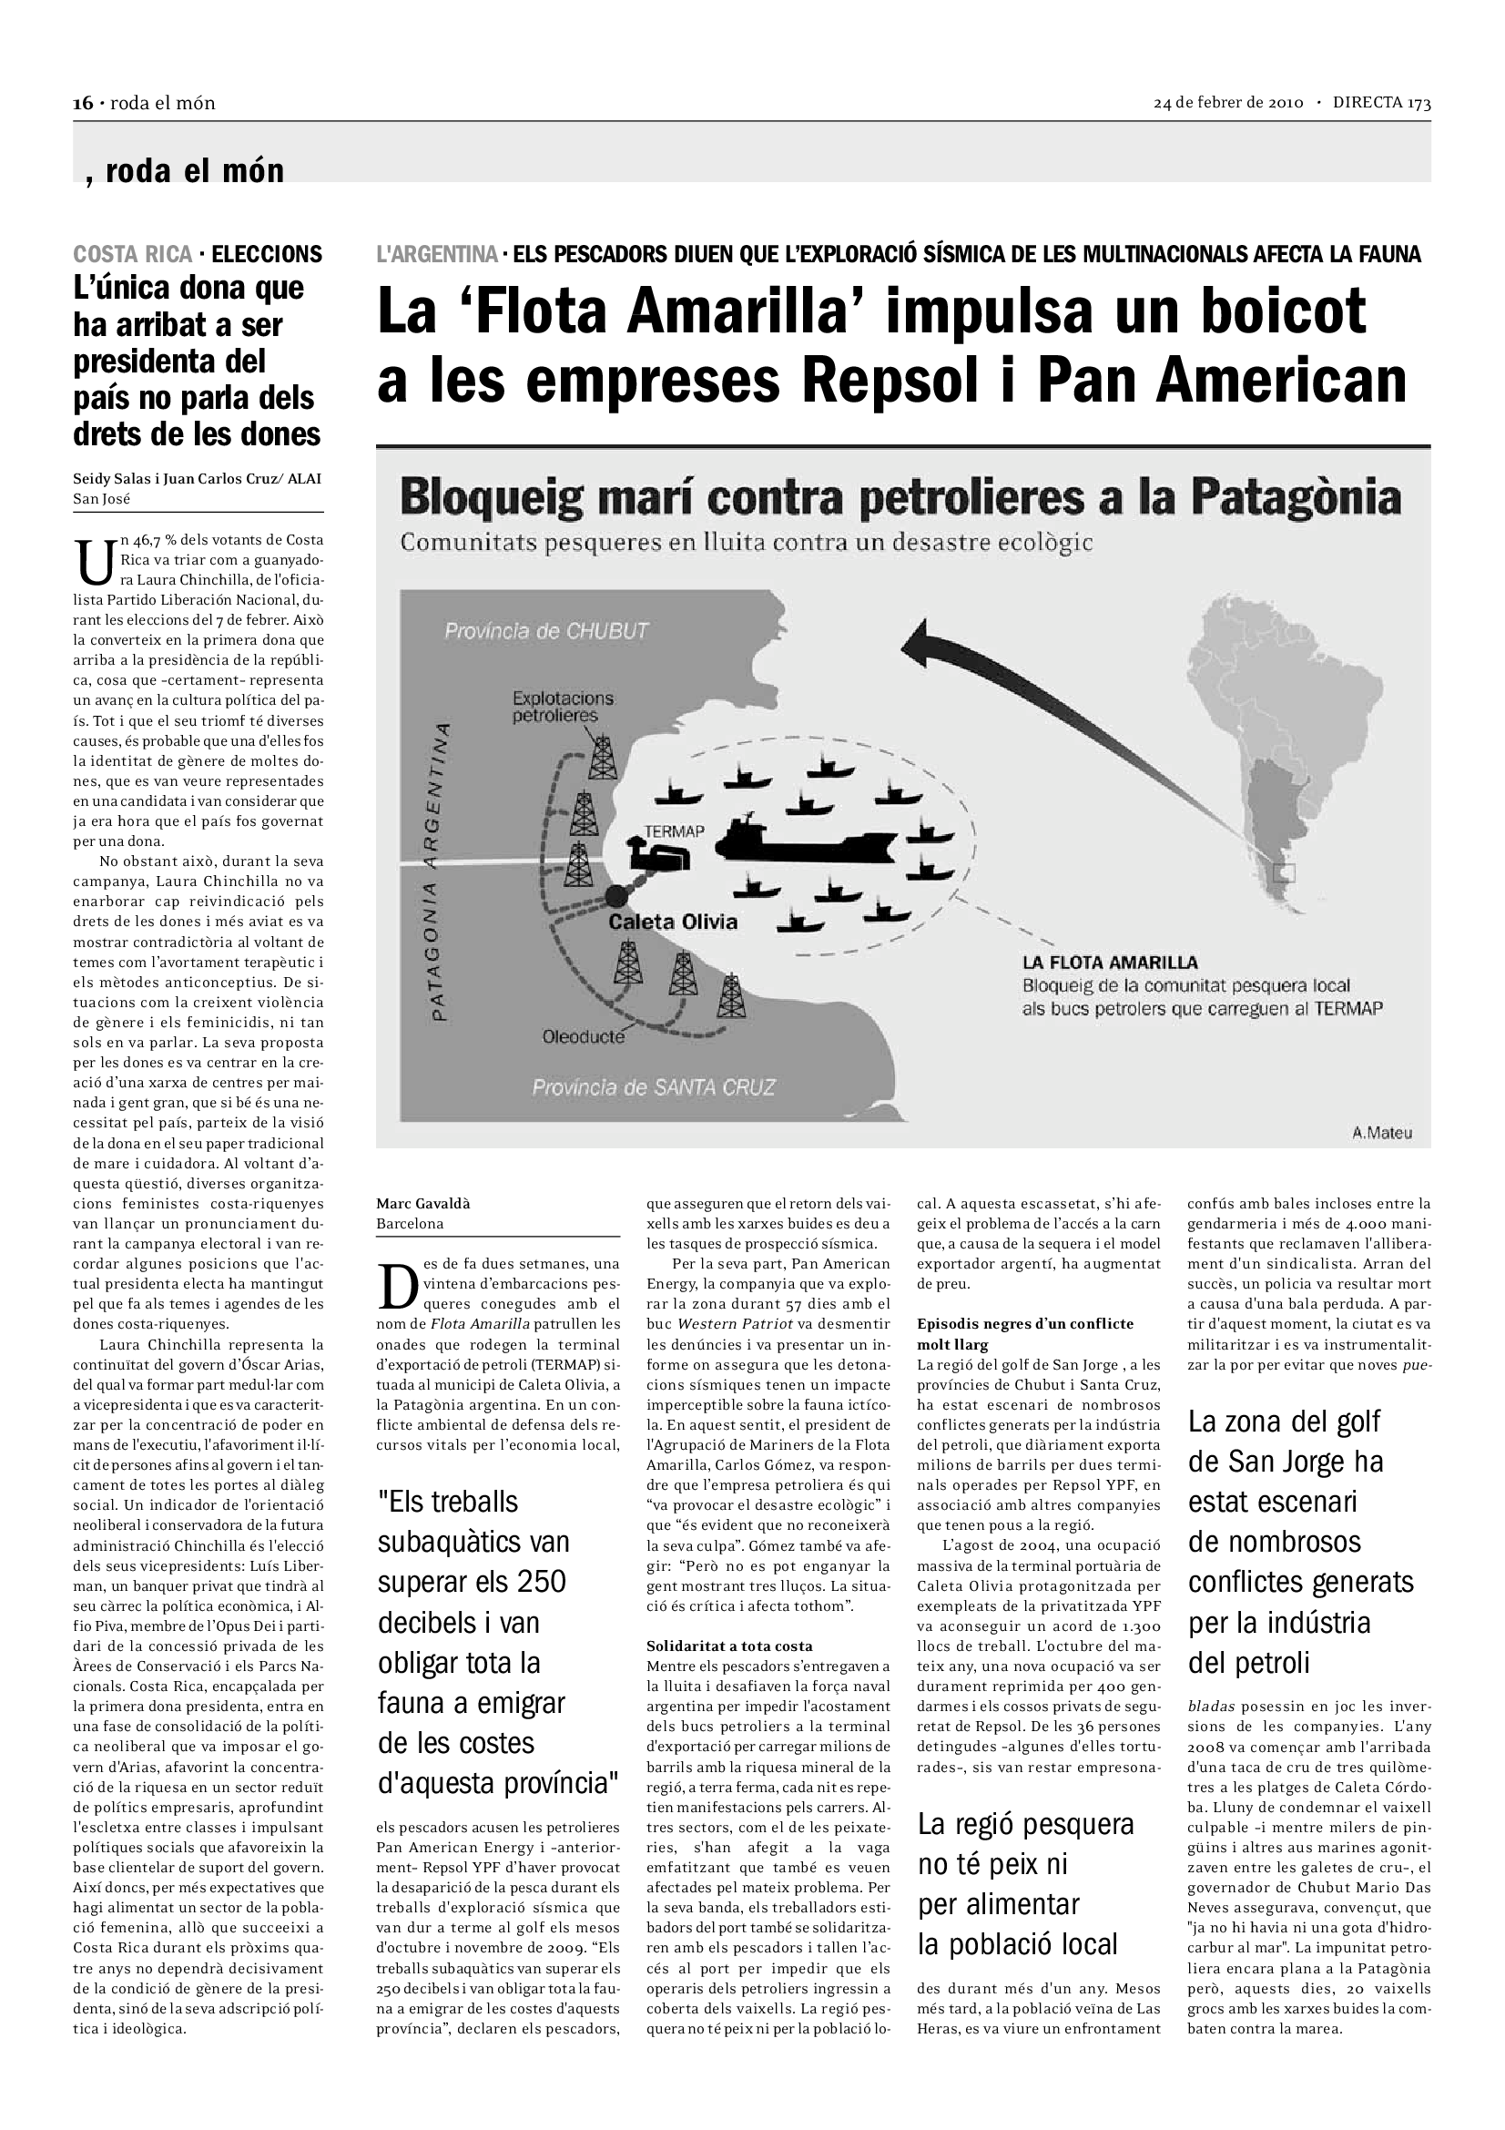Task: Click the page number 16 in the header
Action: click(x=83, y=103)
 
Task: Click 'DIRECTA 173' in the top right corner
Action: click(x=1382, y=103)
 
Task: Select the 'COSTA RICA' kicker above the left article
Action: click(x=133, y=254)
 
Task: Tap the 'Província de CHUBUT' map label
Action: click(x=546, y=631)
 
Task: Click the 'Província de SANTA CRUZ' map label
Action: click(x=653, y=1087)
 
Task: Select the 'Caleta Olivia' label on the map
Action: click(x=672, y=922)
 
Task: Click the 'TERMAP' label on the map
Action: click(x=674, y=831)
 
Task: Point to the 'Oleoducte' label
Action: click(x=584, y=1037)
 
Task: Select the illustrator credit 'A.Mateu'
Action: click(x=1382, y=1133)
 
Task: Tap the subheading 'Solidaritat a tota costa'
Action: click(x=729, y=1646)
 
